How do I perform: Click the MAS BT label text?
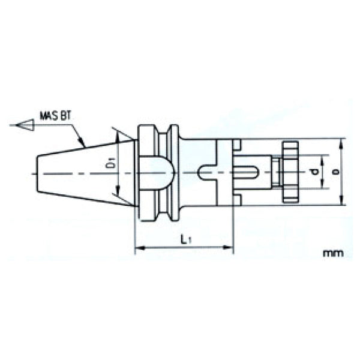(x=55, y=115)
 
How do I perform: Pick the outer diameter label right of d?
(x=335, y=172)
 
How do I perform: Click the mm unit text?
(x=333, y=253)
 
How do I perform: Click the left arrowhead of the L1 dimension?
(x=138, y=247)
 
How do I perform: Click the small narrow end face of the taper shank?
(x=39, y=173)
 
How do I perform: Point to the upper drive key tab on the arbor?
(x=236, y=145)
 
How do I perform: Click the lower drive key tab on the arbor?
(x=236, y=200)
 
